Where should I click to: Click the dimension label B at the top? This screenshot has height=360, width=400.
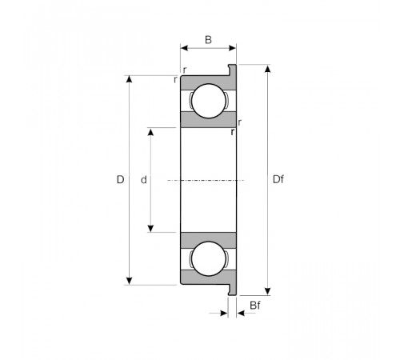208,40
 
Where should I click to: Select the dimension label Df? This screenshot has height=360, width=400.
278,179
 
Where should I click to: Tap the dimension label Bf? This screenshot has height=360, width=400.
255,306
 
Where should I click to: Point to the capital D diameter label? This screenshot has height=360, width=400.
120,179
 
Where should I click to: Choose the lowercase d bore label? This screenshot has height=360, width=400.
144,180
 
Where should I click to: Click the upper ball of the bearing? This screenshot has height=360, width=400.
209,101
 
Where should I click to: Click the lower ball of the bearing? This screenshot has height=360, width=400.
209,258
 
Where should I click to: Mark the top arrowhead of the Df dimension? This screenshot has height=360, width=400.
268,69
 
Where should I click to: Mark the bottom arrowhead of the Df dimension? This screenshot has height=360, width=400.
268,291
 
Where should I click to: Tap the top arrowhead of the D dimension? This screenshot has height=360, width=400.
129,79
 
